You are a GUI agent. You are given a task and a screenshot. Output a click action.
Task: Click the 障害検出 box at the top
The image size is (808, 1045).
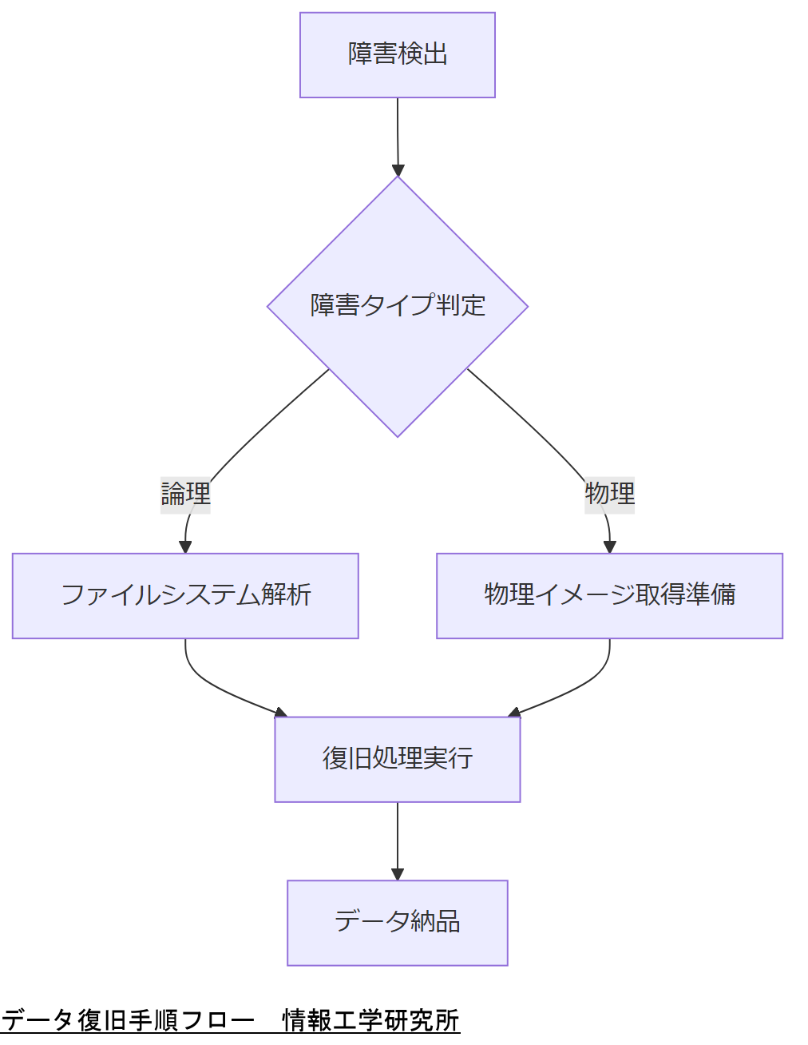397,55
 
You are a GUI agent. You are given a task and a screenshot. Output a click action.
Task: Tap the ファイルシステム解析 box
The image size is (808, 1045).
185,596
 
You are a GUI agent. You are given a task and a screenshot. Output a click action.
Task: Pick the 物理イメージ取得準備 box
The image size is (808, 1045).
609,596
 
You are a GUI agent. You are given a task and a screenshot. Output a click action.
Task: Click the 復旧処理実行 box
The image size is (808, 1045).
397,759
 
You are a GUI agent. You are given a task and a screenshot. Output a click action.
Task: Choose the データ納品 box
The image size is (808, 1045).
397,923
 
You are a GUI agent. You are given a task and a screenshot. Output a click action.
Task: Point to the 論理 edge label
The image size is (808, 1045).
185,494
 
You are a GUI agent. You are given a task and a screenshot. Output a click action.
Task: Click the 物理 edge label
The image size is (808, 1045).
609,494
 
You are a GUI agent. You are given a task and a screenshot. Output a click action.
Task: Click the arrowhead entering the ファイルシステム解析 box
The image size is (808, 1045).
185,547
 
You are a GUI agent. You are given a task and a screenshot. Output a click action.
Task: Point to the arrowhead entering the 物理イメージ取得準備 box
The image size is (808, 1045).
610,547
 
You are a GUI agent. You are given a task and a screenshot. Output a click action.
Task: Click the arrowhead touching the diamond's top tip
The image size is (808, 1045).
398,170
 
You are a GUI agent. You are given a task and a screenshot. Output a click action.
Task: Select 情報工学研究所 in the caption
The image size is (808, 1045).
370,1021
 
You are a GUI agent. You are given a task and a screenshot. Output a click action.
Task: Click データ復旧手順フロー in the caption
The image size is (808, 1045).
128,1021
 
